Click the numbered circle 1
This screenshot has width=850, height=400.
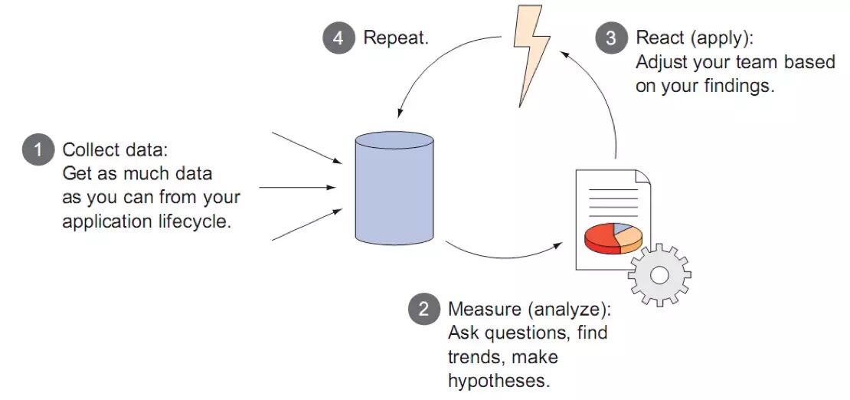coord(38,149)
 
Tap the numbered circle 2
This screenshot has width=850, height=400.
coord(423,310)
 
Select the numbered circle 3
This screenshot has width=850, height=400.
coord(611,38)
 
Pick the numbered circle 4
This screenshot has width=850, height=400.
coord(338,38)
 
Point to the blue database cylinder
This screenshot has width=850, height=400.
coord(394,187)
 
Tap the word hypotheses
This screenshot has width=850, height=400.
coord(499,381)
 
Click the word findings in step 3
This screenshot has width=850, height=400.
coord(736,86)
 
